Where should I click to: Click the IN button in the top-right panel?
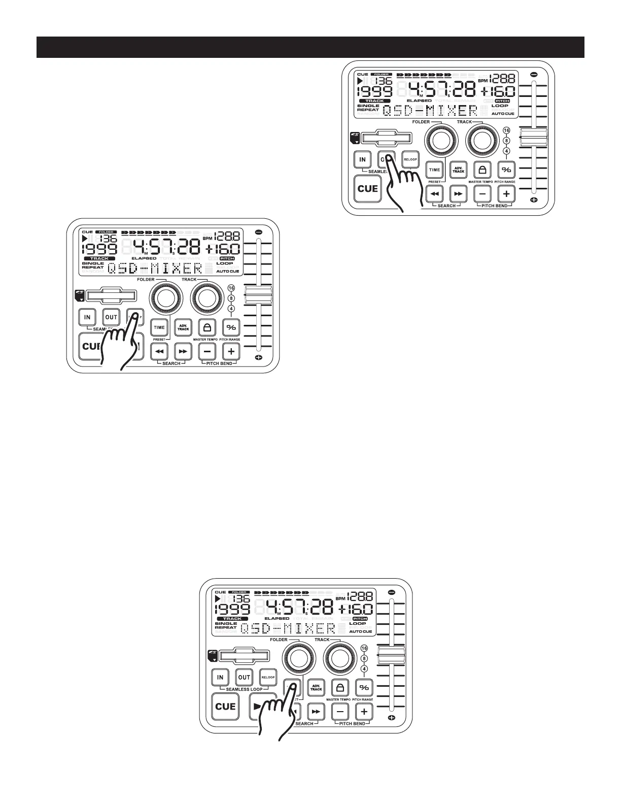(362, 159)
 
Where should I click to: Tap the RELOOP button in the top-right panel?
(410, 159)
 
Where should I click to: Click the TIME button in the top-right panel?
(434, 170)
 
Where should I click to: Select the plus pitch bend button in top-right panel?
(506, 193)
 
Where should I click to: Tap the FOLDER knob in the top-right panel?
(439, 140)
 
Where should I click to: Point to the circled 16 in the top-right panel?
(506, 130)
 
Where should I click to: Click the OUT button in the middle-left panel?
(111, 317)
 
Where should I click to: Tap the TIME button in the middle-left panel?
(159, 327)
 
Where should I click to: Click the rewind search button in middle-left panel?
(159, 351)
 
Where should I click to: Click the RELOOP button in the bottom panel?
(268, 677)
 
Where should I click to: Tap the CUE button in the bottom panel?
(225, 707)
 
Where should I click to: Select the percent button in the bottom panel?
(364, 688)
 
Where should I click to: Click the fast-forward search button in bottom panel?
(316, 712)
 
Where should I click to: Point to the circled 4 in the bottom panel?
(364, 668)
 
